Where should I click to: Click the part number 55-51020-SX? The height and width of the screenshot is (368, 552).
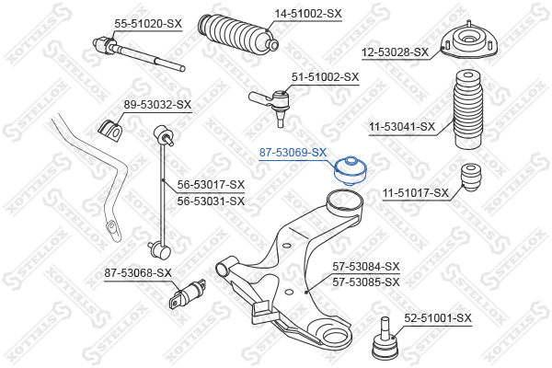(148, 24)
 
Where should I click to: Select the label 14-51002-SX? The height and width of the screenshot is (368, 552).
(308, 14)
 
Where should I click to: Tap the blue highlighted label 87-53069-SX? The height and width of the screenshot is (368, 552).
(293, 153)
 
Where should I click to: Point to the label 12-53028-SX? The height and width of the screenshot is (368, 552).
(395, 52)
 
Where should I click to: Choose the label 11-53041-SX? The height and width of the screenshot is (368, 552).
(402, 126)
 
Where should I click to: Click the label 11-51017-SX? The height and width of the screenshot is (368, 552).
(416, 193)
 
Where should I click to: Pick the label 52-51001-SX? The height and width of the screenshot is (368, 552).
(437, 318)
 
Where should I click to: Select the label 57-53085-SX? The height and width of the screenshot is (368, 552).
(366, 282)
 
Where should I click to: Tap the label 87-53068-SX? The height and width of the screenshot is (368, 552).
(138, 273)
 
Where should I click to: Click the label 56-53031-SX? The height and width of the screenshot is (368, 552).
(211, 201)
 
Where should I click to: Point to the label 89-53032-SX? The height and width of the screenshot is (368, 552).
(157, 105)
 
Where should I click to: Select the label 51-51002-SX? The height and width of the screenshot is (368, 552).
(325, 77)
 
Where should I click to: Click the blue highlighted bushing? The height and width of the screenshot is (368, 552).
(350, 171)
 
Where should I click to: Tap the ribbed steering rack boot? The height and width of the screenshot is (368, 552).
(237, 34)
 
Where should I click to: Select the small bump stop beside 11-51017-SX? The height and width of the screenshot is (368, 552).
(471, 178)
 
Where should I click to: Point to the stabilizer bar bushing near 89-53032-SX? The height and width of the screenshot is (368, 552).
(109, 132)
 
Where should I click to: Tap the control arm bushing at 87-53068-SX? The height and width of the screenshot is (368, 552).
(188, 293)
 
